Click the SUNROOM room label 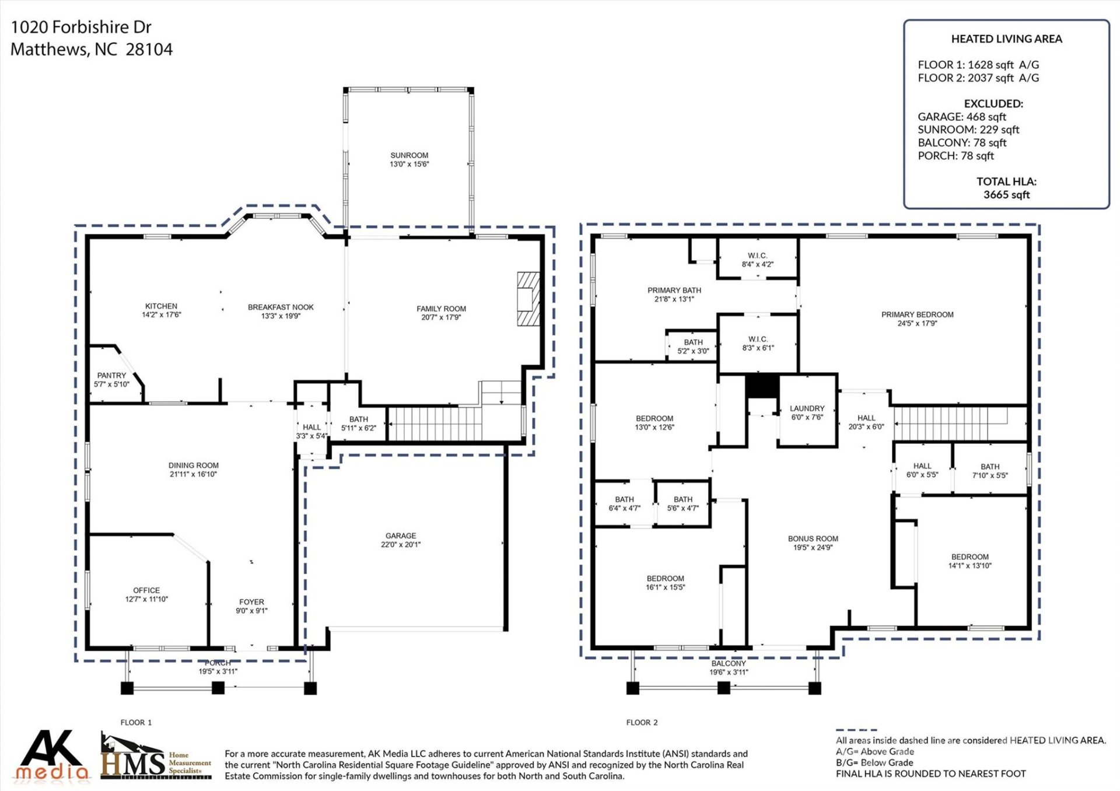coord(409,155)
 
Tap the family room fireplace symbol coord(528,299)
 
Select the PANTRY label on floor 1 coord(111,376)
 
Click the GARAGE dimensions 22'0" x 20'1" coord(400,545)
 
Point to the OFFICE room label coord(146,590)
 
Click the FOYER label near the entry coord(251,602)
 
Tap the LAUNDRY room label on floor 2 coord(807,408)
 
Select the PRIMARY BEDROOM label coord(917,314)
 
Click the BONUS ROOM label coord(813,539)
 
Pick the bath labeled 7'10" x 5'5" coord(989,471)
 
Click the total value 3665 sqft coord(1006,195)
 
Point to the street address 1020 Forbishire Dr coord(81,27)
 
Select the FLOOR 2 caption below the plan coord(642,722)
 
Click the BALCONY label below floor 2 coord(728,664)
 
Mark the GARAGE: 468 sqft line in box coord(961,117)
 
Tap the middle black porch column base coord(218,688)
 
